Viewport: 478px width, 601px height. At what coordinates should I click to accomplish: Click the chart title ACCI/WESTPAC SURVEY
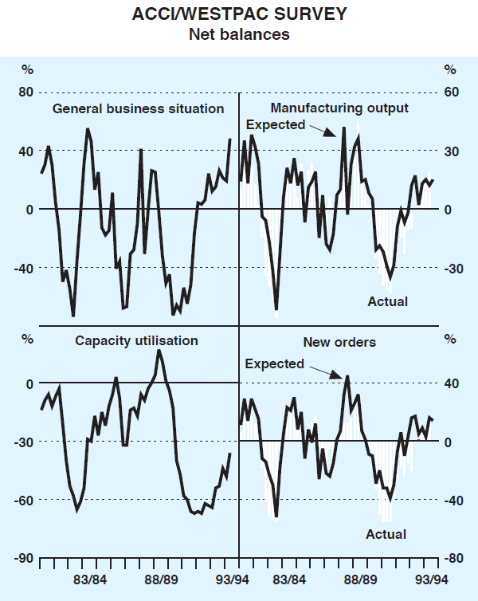238,14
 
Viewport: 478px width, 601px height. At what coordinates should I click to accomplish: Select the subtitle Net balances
238,34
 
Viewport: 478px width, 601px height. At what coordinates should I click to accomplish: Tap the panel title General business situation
138,108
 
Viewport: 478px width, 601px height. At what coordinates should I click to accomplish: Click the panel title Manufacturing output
339,108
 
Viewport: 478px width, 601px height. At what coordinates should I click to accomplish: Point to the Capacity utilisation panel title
136,340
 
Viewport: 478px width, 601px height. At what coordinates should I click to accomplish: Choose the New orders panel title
339,342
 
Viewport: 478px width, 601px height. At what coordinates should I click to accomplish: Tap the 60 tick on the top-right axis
452,92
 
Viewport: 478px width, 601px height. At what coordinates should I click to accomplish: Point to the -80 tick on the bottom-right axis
453,558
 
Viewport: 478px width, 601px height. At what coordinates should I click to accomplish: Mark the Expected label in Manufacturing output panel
276,124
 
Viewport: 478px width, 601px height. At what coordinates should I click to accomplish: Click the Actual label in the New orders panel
386,534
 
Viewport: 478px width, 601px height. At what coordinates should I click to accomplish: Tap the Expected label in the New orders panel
274,363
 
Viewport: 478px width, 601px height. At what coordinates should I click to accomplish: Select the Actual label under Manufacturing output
387,301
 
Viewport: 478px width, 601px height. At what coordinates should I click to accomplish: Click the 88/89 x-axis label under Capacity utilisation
165,579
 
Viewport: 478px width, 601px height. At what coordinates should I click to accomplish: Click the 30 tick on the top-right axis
452,151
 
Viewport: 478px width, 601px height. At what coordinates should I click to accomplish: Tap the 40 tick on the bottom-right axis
452,383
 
